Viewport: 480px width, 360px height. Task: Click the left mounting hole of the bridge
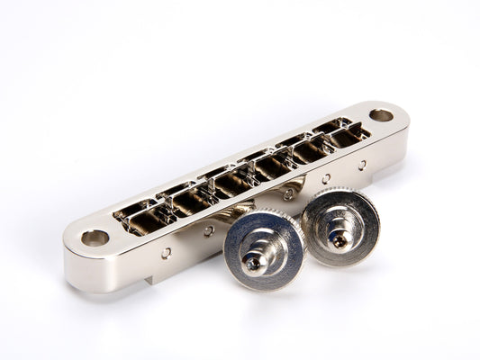point(94,238)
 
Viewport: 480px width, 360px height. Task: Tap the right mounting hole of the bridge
point(381,115)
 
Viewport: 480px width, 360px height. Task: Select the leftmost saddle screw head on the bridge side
point(168,254)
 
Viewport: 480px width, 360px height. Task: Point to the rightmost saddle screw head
point(362,166)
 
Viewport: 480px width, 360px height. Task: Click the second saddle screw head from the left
point(209,231)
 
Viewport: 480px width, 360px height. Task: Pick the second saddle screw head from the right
point(326,179)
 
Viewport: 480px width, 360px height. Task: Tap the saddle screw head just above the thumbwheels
point(288,194)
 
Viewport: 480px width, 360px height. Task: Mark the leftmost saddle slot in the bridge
point(140,217)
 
